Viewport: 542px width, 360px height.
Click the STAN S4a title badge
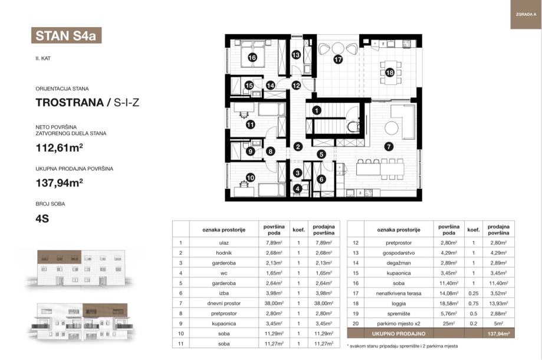(67, 35)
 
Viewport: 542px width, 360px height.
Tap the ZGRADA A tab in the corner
(525, 15)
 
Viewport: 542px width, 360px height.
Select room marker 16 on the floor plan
(252, 57)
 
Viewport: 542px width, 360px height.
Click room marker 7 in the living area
(389, 146)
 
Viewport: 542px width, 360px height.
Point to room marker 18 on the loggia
(390, 73)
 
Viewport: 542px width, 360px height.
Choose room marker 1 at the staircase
(317, 110)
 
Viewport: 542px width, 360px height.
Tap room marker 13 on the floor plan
(296, 55)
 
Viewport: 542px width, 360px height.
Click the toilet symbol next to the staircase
(353, 126)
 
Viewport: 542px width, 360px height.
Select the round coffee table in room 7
(392, 128)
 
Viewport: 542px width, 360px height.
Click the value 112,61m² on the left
(59, 148)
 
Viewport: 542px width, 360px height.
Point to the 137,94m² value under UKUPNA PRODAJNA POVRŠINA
(59, 182)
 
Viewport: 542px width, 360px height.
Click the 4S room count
(42, 218)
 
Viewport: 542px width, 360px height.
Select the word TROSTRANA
(70, 102)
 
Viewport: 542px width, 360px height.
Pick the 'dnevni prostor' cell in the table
(224, 303)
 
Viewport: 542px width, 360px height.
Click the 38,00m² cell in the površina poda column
(274, 303)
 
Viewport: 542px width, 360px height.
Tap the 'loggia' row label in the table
(399, 303)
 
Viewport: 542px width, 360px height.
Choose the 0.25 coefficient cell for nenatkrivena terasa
(473, 293)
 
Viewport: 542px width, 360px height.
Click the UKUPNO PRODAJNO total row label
(399, 333)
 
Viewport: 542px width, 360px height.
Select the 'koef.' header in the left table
(298, 230)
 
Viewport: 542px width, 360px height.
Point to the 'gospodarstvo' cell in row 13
(399, 253)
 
